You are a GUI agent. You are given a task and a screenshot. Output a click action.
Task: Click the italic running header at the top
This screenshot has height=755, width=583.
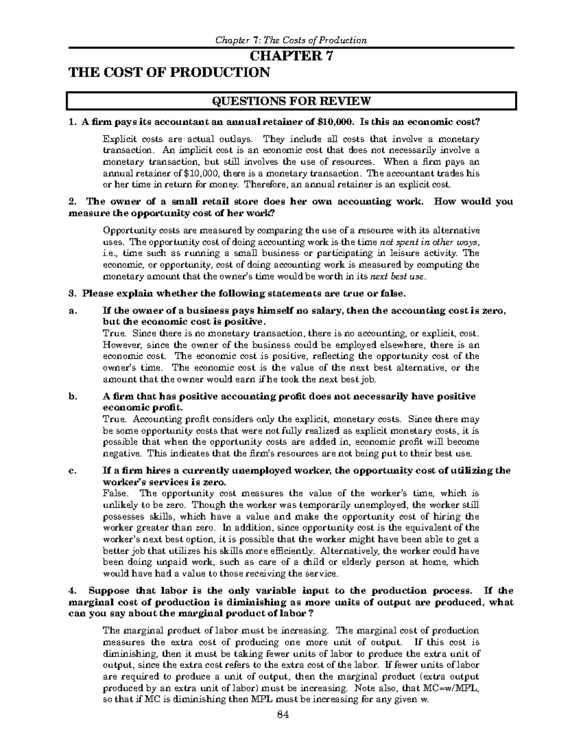pos(291,40)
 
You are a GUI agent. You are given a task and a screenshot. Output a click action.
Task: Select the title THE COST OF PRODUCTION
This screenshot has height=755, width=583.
pos(169,72)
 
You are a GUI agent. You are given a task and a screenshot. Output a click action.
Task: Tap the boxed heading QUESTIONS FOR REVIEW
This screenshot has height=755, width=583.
pos(291,101)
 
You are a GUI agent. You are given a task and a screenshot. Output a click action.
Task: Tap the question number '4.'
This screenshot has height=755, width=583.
pos(73,591)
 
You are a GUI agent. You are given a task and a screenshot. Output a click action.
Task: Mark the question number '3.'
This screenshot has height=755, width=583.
pos(73,294)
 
